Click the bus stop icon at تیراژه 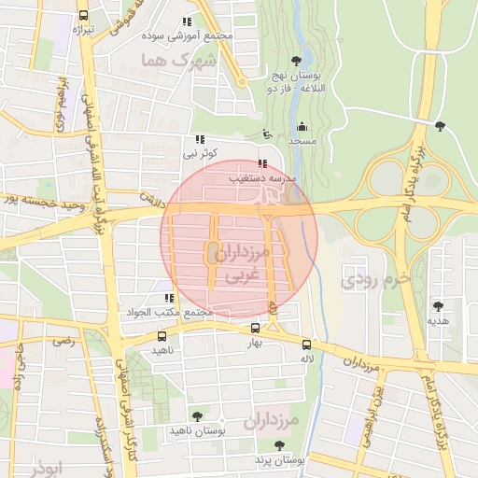coord(84,15)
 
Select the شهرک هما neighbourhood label coord(177,60)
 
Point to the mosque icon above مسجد coord(301,127)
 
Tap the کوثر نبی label coord(201,151)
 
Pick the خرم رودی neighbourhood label coord(376,277)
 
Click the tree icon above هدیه coord(438,305)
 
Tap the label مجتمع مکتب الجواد coord(174,312)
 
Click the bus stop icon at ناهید coord(162,336)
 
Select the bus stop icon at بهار coord(256,329)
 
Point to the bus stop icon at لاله coord(305,344)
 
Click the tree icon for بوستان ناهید coord(196,416)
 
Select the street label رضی coord(63,341)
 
